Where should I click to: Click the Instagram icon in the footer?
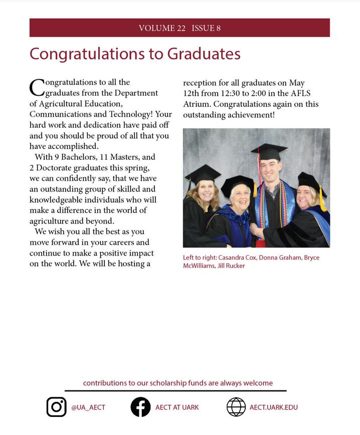(57, 407)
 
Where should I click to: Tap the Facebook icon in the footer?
(140, 407)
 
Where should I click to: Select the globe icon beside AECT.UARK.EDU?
(236, 407)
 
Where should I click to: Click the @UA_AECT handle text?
(88, 407)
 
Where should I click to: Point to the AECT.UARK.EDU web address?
(274, 407)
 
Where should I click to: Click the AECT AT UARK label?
(177, 407)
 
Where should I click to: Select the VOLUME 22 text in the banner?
(162, 28)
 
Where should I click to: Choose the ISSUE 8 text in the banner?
(206, 28)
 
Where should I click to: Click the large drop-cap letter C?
(37, 88)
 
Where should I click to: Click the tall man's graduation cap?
(269, 151)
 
